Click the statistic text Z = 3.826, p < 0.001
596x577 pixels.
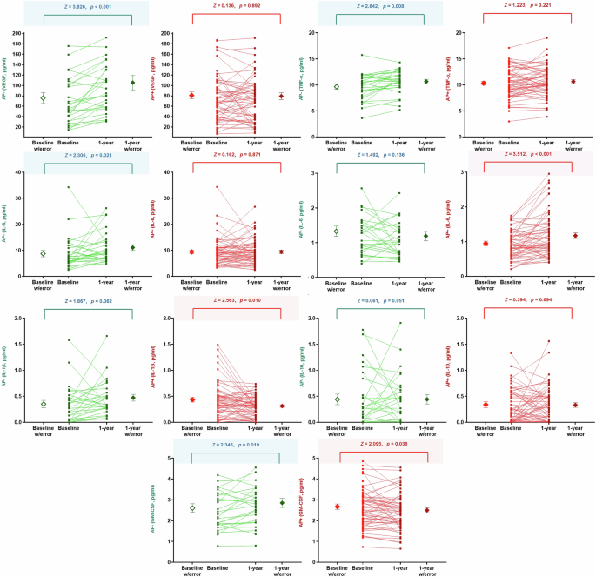[x=86, y=5]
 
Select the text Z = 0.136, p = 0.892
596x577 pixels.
[x=235, y=5]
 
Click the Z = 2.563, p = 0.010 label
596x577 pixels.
[x=235, y=300]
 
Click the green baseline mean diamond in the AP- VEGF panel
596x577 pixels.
[x=43, y=97]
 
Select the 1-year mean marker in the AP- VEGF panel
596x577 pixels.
[x=132, y=83]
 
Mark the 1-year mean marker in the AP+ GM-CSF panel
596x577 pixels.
[x=426, y=510]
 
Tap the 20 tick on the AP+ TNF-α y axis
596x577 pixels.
[x=461, y=33]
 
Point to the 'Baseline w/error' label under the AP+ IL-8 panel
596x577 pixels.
[x=191, y=285]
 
